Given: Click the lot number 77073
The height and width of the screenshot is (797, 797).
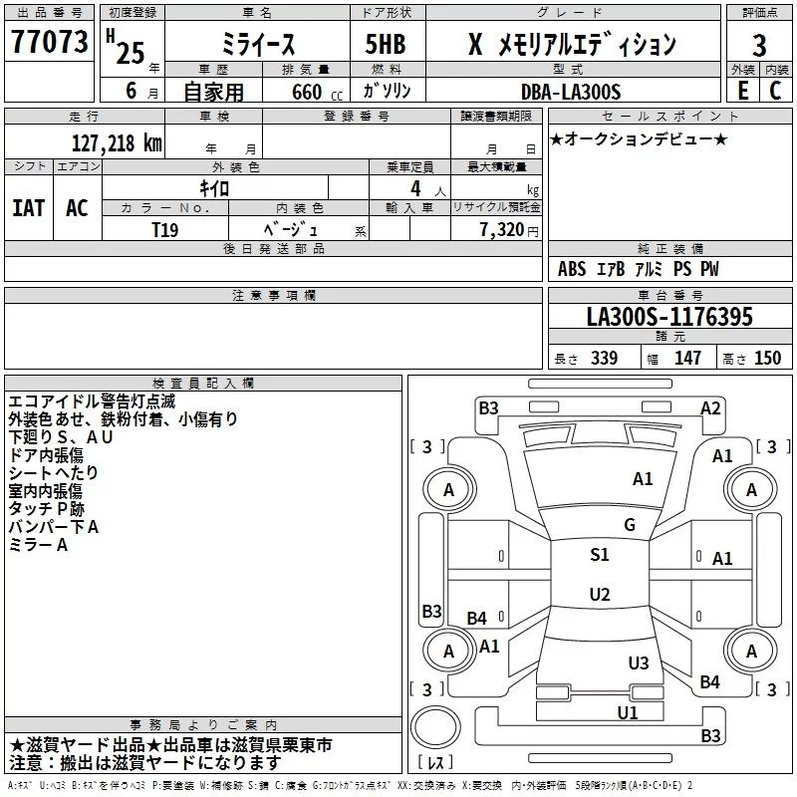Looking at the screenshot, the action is (49, 43).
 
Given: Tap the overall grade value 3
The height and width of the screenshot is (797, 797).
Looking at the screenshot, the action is (759, 45).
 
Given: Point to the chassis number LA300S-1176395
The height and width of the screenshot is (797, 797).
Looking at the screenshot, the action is (669, 317).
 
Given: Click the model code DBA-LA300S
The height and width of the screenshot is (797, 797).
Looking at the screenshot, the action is (571, 92).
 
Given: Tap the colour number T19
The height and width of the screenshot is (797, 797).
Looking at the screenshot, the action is (165, 228).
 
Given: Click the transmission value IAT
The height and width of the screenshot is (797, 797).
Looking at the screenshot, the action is (29, 208).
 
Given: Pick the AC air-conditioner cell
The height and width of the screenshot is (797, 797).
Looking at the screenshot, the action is (77, 208).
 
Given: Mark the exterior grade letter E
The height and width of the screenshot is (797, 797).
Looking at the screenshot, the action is (742, 91).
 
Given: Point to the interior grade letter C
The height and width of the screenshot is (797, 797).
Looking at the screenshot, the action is (775, 91).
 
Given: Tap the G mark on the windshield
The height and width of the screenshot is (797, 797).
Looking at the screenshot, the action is (630, 525).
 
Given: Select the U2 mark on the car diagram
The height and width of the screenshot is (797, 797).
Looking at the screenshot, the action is (599, 595).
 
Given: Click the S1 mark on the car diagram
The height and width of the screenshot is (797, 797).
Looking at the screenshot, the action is (599, 555).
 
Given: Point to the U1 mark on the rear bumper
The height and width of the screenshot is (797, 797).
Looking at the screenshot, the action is (627, 712).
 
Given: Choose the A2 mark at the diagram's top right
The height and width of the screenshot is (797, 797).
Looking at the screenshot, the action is (710, 407).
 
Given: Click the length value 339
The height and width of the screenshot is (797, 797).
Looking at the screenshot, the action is (604, 359).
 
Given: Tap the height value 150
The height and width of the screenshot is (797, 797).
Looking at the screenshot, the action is (767, 359).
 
